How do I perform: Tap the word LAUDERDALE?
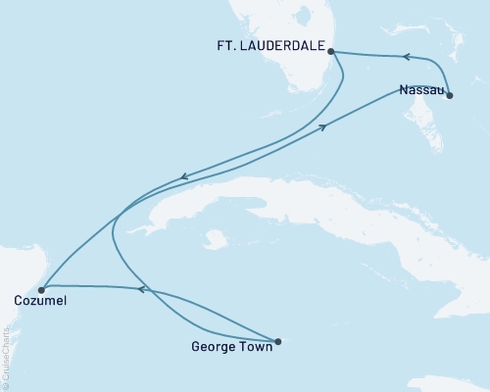click(x=285, y=45)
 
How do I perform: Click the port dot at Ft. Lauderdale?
click(x=331, y=51)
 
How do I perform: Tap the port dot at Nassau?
click(x=450, y=94)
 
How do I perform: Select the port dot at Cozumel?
click(x=40, y=289)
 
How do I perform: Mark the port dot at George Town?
click(x=278, y=342)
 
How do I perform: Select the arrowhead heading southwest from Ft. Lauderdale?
click(x=183, y=178)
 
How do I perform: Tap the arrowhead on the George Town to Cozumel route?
click(x=141, y=289)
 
